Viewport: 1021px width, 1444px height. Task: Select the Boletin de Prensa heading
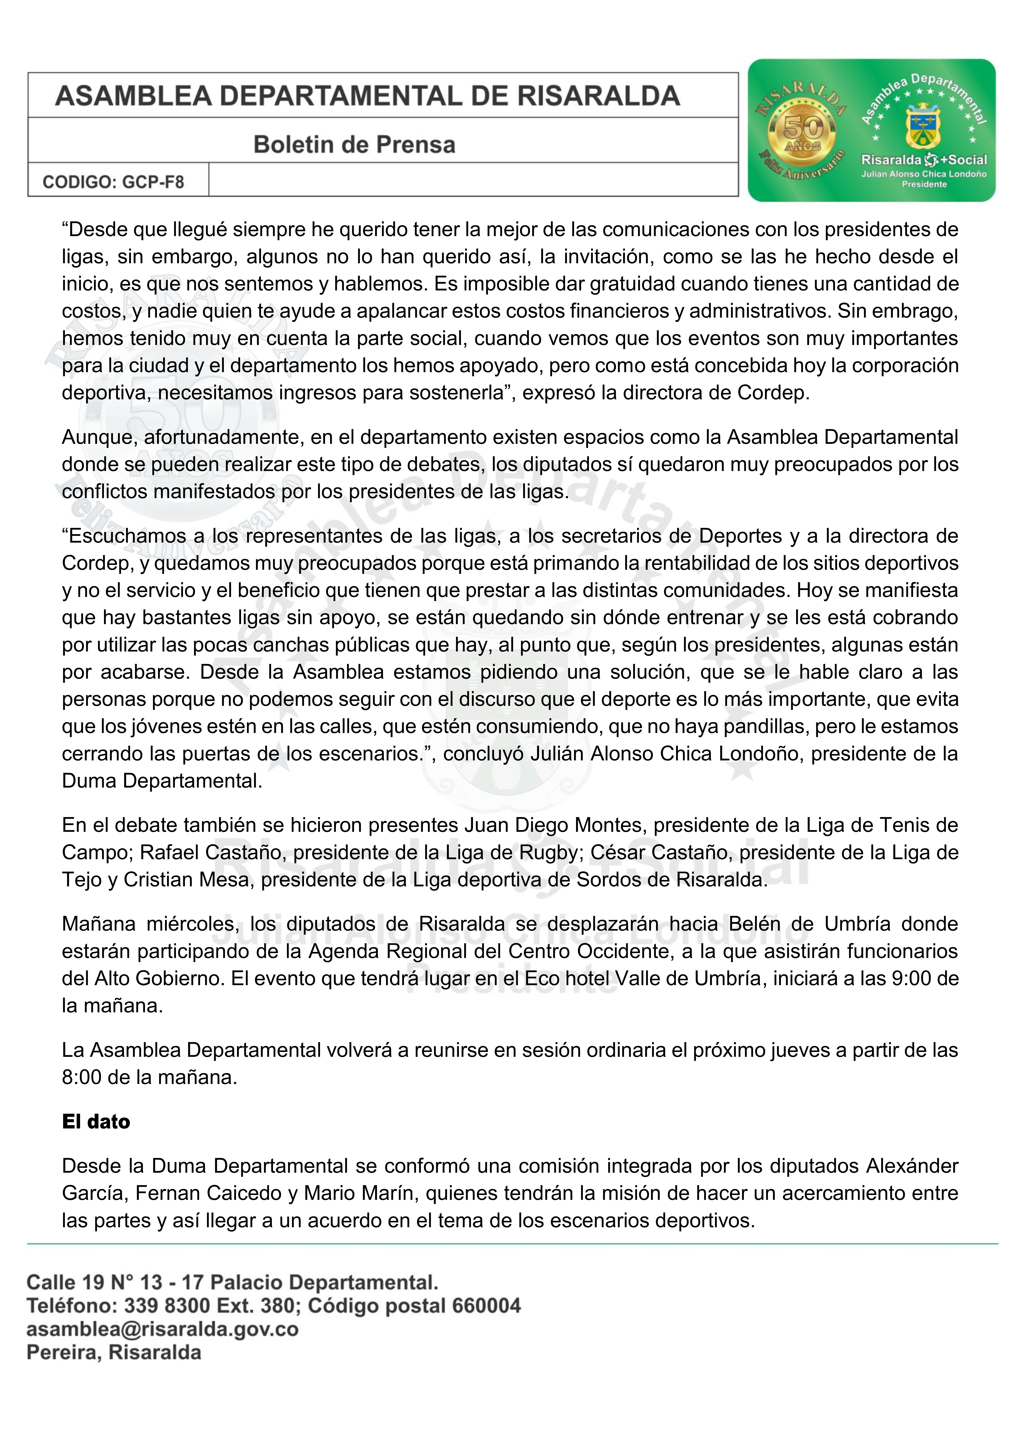[354, 145]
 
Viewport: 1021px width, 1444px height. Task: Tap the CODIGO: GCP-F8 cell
[113, 182]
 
